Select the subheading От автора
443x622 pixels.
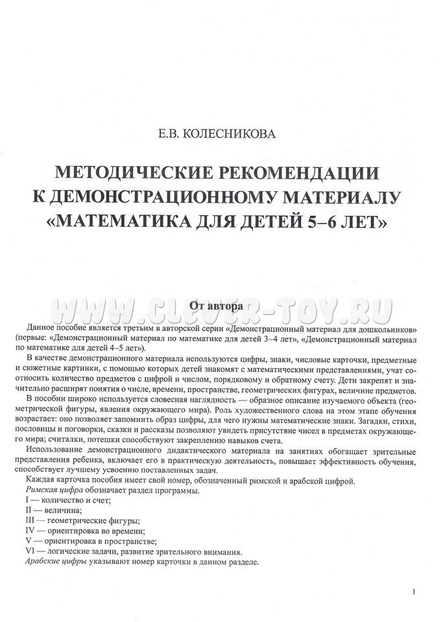pyautogui.click(x=215, y=305)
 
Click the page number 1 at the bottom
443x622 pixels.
pyautogui.click(x=413, y=591)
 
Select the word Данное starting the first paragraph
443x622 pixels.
pyautogui.click(x=42, y=330)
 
